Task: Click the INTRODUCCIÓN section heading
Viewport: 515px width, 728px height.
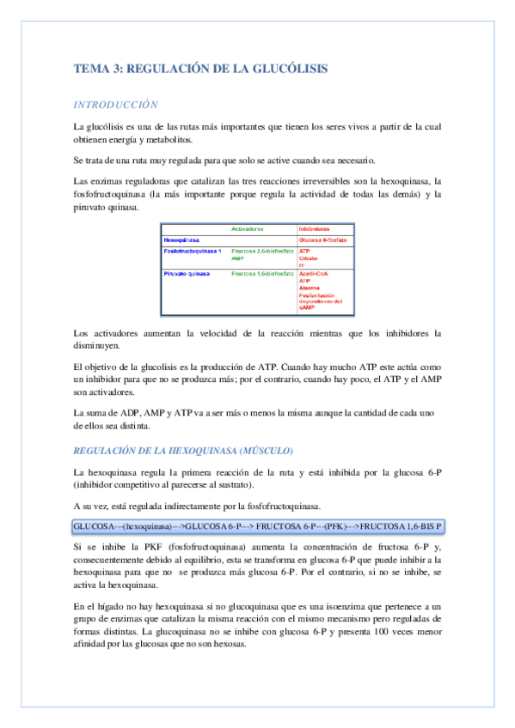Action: tap(115, 105)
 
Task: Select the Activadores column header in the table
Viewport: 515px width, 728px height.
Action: tap(248, 229)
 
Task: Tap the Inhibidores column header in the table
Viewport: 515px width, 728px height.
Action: tap(316, 229)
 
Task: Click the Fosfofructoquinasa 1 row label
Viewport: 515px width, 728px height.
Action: tap(193, 250)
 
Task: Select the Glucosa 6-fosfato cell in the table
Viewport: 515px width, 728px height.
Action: tap(324, 240)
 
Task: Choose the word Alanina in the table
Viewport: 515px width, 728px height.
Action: tap(310, 288)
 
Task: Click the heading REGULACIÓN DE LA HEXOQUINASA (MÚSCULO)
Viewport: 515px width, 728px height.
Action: tap(184, 451)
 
